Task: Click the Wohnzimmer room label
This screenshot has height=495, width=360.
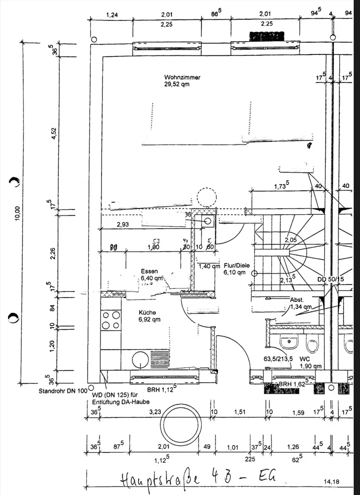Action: point(182,77)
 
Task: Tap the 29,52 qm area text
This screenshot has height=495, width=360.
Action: point(177,84)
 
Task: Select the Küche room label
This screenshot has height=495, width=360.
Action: point(148,313)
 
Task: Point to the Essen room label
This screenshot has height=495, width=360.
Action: point(149,271)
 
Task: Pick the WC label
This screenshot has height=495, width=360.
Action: point(305,358)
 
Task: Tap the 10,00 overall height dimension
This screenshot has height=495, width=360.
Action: point(18,213)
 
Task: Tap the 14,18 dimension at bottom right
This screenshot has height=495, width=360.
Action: point(332,481)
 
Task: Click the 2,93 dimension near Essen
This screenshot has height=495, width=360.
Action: point(123,225)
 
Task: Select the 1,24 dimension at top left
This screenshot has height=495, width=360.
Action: point(112,15)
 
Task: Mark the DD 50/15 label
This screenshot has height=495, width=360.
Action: point(331,280)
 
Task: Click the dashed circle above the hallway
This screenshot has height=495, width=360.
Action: point(206,198)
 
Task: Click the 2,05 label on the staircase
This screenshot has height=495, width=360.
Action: point(291,240)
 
